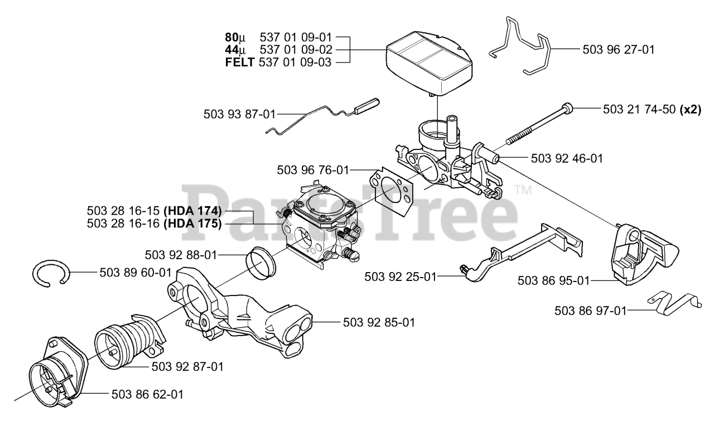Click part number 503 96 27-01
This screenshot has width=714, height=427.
[618, 49]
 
